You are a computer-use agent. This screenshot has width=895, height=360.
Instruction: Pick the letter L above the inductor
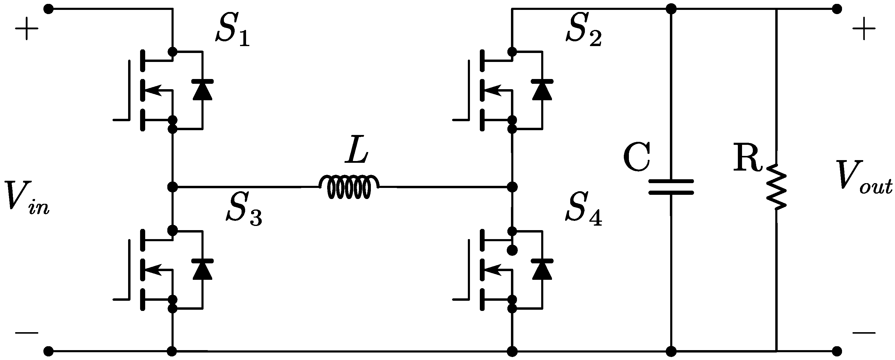point(357,151)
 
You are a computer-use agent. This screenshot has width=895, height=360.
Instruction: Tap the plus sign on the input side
point(26,29)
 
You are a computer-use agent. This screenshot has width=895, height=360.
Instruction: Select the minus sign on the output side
point(864,333)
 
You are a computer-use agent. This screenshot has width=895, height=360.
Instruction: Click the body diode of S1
point(203,90)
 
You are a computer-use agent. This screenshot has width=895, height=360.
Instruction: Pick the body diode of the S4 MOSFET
point(542,269)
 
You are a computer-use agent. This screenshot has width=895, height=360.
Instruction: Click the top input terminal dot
point(48,9)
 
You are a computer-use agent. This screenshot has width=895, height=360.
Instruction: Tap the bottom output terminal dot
point(837,351)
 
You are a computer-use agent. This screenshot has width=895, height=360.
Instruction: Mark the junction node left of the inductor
point(172,187)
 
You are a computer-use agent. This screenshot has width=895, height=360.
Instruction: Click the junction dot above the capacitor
point(671,9)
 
